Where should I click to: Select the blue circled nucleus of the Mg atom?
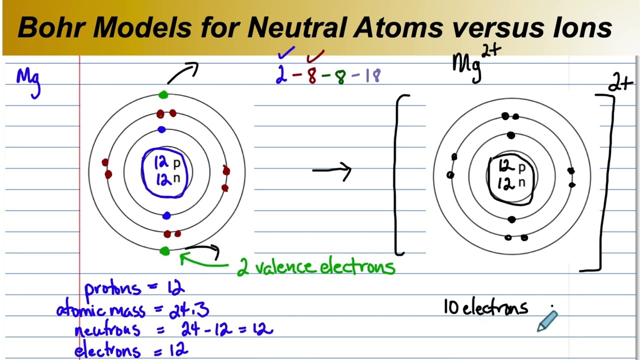[165, 172]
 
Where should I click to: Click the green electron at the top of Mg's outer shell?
[163, 95]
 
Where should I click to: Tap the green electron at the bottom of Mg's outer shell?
[164, 251]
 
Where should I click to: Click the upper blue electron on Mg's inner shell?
[161, 130]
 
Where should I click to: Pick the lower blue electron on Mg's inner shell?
[166, 215]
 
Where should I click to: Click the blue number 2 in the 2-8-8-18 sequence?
[281, 76]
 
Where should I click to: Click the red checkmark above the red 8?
[316, 55]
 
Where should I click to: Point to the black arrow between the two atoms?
[332, 170]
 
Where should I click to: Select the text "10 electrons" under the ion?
[485, 307]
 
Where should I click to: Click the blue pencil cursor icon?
[547, 320]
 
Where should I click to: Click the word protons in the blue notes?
[112, 289]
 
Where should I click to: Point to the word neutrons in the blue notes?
[107, 330]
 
